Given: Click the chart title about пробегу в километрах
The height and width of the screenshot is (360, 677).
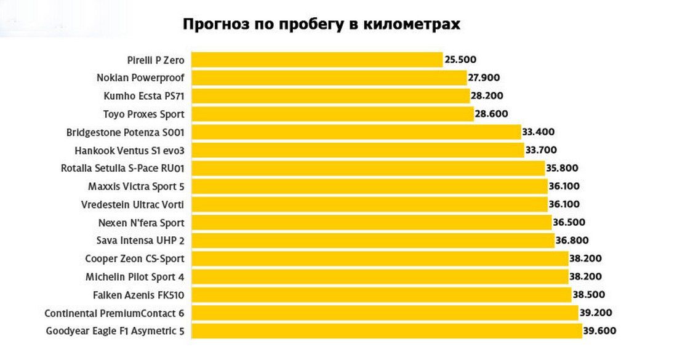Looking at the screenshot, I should pyautogui.click(x=321, y=25).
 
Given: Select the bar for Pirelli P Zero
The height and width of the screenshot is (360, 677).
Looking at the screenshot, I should pyautogui.click(x=317, y=60).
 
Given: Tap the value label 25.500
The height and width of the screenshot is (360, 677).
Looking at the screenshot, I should pyautogui.click(x=461, y=60).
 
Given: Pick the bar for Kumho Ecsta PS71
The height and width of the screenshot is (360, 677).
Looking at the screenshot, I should pyautogui.click(x=330, y=96).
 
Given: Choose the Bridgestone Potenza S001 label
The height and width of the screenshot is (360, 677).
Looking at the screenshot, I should pyautogui.click(x=126, y=132).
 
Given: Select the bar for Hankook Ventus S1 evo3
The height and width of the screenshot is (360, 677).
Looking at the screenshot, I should pyautogui.click(x=357, y=150).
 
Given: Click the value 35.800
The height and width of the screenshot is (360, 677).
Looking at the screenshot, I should pyautogui.click(x=563, y=168).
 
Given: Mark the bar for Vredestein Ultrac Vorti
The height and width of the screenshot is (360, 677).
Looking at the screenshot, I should pyautogui.click(x=369, y=204).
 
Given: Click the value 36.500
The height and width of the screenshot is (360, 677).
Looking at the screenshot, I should pyautogui.click(x=570, y=222).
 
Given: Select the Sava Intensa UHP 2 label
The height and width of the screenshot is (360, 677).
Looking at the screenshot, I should pyautogui.click(x=141, y=240).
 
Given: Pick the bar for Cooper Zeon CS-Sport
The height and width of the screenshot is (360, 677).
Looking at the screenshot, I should pyautogui.click(x=380, y=258).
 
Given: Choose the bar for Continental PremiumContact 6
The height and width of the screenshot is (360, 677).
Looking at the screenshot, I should pyautogui.click(x=385, y=313).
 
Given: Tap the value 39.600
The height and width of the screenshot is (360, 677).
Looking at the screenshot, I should pyautogui.click(x=600, y=331).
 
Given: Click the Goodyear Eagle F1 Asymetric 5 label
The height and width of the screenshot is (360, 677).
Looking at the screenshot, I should pyautogui.click(x=115, y=331).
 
